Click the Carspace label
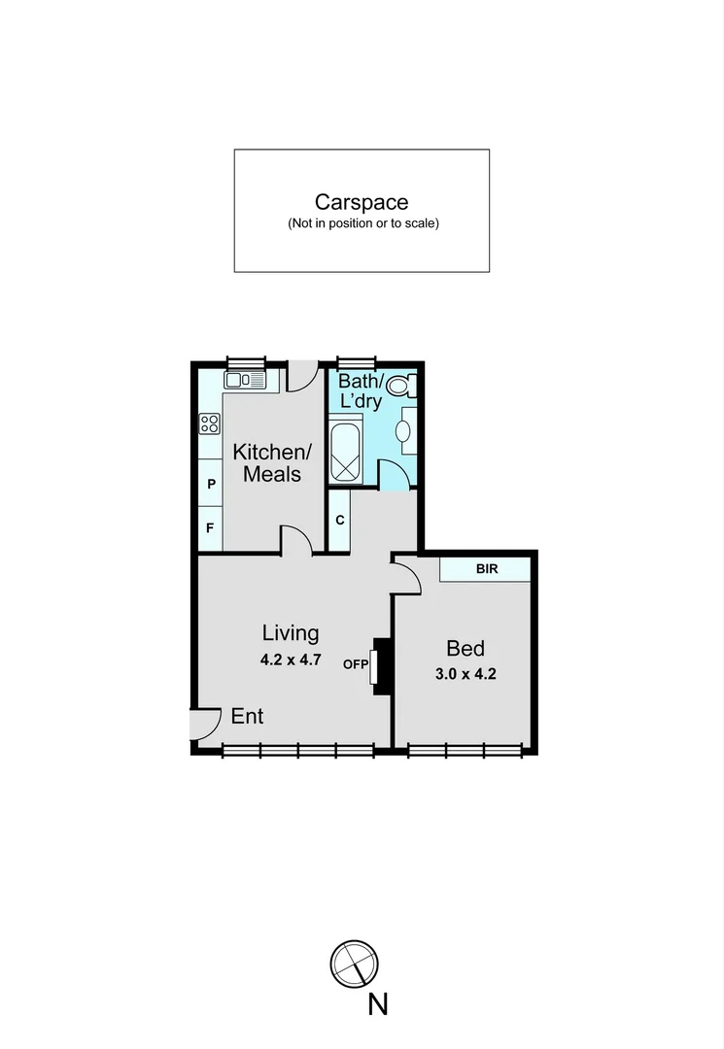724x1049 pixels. [x=362, y=202]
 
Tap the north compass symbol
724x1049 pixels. [x=354, y=964]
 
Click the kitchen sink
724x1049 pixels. [x=245, y=380]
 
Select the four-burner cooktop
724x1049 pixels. [x=209, y=423]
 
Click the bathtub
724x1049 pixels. [x=345, y=453]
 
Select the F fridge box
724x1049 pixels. [x=210, y=528]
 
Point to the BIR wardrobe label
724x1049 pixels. [x=486, y=569]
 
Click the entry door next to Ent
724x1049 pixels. [x=204, y=724]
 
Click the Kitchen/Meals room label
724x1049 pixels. [x=272, y=462]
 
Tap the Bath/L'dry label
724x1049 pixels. [x=361, y=391]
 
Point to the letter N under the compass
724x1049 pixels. [x=378, y=1003]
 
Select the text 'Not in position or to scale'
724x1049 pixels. [x=362, y=224]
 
